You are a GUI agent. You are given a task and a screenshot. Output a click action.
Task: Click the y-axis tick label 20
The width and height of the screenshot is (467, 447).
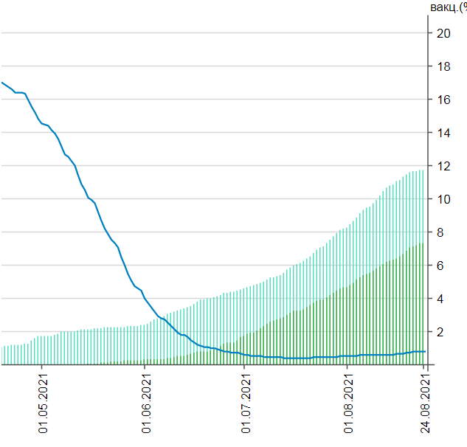pyautogui.click(x=444, y=33)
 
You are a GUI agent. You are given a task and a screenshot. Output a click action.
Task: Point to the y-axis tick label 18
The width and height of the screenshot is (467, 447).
pyautogui.click(x=444, y=66)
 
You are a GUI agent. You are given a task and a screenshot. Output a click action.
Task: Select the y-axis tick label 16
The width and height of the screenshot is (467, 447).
pyautogui.click(x=444, y=100)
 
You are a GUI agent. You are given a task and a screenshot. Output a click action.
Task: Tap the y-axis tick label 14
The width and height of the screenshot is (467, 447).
pyautogui.click(x=444, y=133)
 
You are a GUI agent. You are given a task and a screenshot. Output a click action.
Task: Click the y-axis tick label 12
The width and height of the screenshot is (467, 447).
pyautogui.click(x=444, y=166)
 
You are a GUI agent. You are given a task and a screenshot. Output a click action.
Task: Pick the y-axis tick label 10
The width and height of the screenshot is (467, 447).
pyautogui.click(x=444, y=199)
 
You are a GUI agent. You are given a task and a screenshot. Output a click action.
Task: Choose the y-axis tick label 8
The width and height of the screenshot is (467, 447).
pyautogui.click(x=441, y=232)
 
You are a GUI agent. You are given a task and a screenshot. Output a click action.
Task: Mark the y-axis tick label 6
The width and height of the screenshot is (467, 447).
pyautogui.click(x=441, y=266)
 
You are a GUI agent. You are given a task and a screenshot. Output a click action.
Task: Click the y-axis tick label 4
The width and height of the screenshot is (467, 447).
pyautogui.click(x=441, y=299)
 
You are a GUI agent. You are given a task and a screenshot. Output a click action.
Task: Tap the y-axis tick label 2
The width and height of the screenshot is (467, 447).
pyautogui.click(x=441, y=332)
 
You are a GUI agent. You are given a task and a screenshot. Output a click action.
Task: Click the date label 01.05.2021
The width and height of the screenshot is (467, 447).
pyautogui.click(x=43, y=405)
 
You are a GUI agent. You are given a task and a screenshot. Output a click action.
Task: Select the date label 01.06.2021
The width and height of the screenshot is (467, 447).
pyautogui.click(x=146, y=405)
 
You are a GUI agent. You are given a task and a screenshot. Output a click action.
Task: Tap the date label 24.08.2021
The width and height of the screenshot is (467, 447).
pyautogui.click(x=426, y=405)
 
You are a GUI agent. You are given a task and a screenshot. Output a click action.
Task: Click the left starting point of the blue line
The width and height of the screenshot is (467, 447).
pyautogui.click(x=2, y=82)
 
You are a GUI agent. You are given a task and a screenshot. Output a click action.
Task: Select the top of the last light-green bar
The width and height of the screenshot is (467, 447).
pyautogui.click(x=423, y=170)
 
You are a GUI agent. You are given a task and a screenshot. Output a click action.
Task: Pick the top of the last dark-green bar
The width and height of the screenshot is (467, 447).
pyautogui.click(x=421, y=243)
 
